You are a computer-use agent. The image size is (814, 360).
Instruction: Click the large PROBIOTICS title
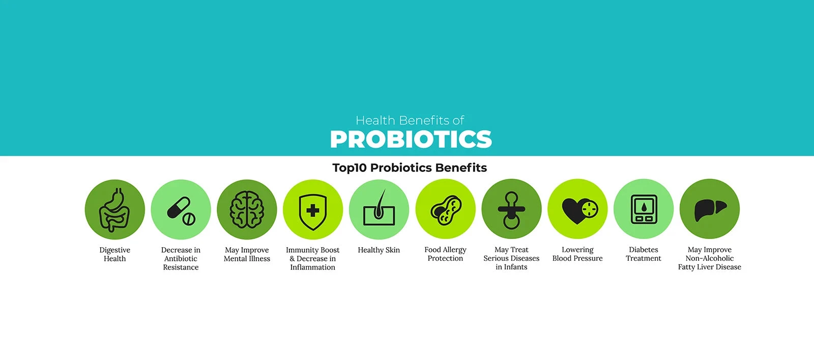[411, 139]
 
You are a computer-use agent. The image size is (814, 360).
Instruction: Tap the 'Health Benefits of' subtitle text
[410, 120]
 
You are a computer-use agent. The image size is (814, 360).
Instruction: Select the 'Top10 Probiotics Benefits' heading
[410, 168]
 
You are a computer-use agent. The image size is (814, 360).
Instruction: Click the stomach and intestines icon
[114, 209]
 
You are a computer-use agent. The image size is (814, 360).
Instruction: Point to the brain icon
[247, 209]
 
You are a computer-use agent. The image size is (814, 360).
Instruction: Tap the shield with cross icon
[313, 212]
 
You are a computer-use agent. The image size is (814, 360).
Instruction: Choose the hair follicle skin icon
[379, 207]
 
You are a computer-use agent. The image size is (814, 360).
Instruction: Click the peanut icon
[446, 210]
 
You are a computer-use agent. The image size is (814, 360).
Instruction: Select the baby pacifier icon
[511, 210]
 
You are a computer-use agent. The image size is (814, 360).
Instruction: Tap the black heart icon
[574, 211]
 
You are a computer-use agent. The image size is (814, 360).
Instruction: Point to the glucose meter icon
[644, 209]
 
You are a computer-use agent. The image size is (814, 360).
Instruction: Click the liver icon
[710, 211]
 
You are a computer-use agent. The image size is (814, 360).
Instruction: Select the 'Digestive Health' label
[114, 254]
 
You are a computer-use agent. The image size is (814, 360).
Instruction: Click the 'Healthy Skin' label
[379, 250]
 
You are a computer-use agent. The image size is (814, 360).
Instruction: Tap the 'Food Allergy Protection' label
[445, 254]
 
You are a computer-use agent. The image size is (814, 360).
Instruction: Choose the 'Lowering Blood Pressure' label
[577, 254]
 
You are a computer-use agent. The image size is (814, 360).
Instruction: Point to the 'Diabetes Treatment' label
[643, 254]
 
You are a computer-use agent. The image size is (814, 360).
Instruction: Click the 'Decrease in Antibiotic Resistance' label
[181, 259]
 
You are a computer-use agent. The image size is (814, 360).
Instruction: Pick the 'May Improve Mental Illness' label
[247, 254]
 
